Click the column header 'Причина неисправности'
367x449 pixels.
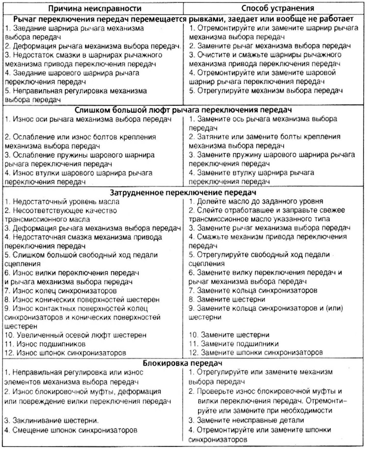click(92, 7)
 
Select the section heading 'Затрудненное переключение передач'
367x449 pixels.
click(183, 192)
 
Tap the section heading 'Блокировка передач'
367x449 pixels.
click(183, 363)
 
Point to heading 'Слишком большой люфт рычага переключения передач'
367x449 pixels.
click(183, 109)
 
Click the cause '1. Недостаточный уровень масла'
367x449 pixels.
click(62, 201)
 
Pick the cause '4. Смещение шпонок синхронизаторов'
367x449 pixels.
click(69, 430)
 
